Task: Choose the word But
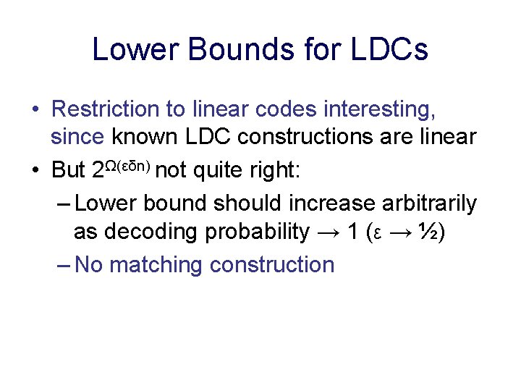coord(69,170)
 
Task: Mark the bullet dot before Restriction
coord(35,110)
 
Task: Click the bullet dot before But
coord(35,171)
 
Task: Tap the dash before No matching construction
coord(63,265)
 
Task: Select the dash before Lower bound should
coord(63,204)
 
